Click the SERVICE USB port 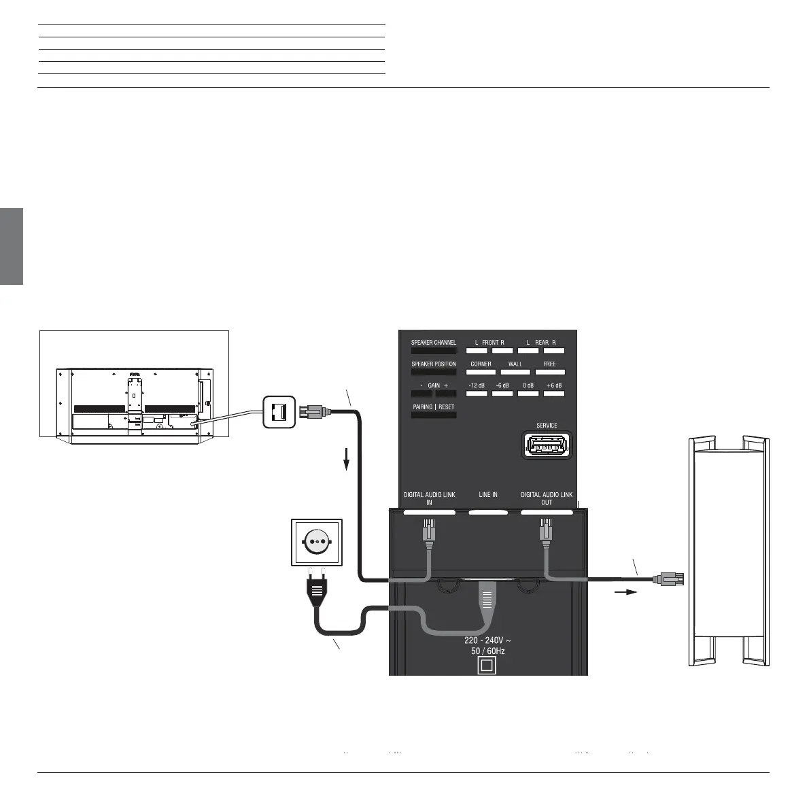[547, 446]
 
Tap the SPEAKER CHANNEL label [433, 343]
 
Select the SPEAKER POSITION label [433, 364]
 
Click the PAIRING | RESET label [433, 407]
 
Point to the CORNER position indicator [481, 364]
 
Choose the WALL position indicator [515, 364]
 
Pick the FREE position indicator [549, 364]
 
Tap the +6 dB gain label [555, 385]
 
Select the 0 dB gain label [528, 385]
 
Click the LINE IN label [488, 495]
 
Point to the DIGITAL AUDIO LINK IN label [429, 498]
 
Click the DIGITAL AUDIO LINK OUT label [547, 498]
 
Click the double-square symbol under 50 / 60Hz [486, 666]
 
